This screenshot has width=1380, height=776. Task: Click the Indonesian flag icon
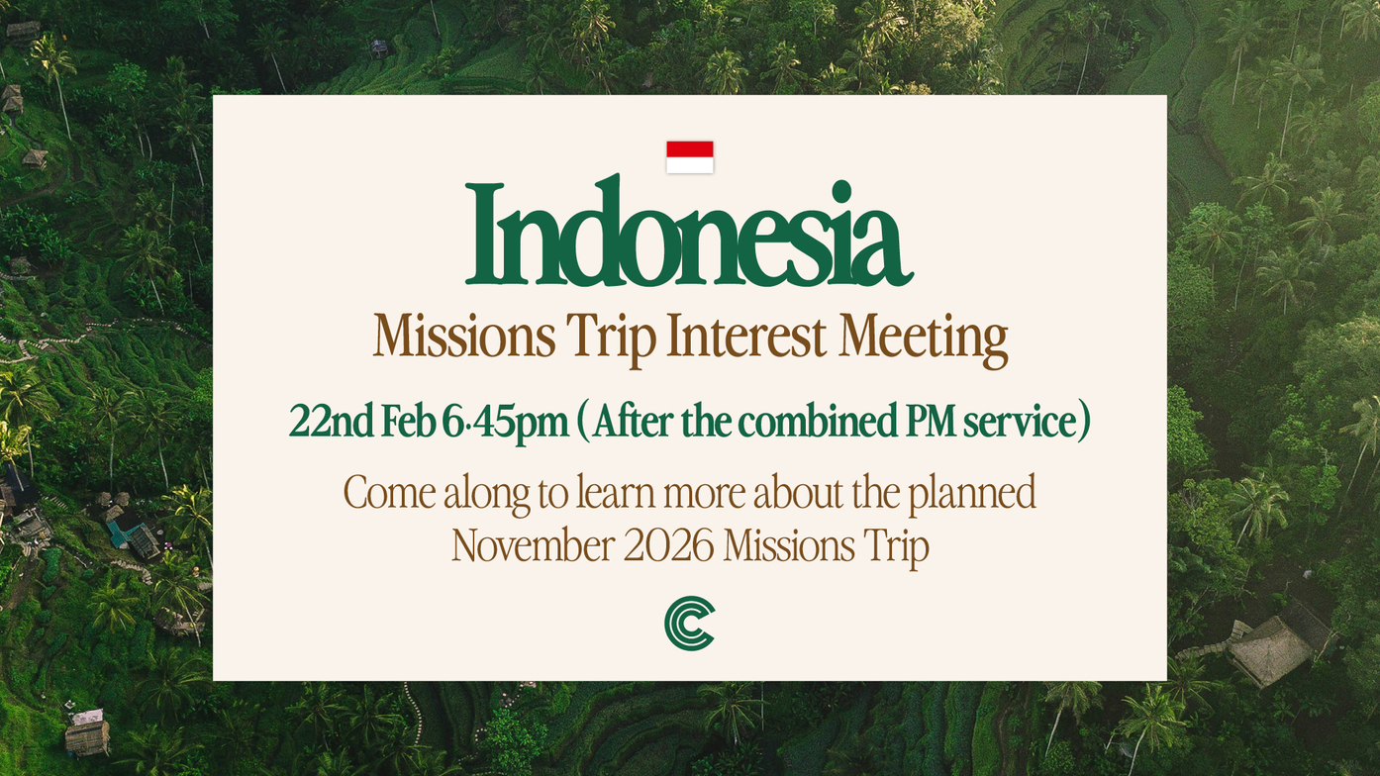(690, 157)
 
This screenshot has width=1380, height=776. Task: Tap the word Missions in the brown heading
(464, 336)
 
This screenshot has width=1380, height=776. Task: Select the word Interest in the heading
(746, 336)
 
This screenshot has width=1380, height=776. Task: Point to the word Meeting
(924, 339)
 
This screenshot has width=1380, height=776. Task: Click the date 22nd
(332, 422)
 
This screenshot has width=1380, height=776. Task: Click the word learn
(616, 492)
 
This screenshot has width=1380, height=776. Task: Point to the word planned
(972, 495)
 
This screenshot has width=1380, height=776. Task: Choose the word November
(534, 545)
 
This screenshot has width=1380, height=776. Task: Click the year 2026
(669, 545)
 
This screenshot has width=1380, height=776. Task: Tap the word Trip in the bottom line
(896, 548)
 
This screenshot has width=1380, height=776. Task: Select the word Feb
(409, 422)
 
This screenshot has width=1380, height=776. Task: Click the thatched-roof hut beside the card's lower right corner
(1269, 649)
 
